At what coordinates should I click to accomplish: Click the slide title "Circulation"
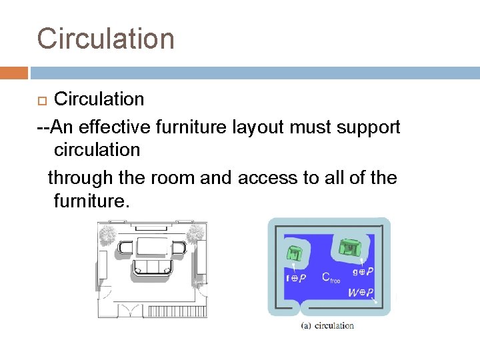(105, 39)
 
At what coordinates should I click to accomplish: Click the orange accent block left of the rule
(13, 73)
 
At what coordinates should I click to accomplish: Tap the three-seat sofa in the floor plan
(153, 267)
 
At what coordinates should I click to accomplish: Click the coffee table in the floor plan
(153, 247)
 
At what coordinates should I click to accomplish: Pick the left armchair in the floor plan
(126, 249)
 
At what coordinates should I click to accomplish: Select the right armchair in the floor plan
(179, 249)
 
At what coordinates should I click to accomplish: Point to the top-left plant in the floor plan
(108, 235)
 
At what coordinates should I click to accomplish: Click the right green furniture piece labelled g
(349, 247)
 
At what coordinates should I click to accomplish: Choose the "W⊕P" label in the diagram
(361, 292)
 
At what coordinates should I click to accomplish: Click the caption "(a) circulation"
(328, 325)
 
